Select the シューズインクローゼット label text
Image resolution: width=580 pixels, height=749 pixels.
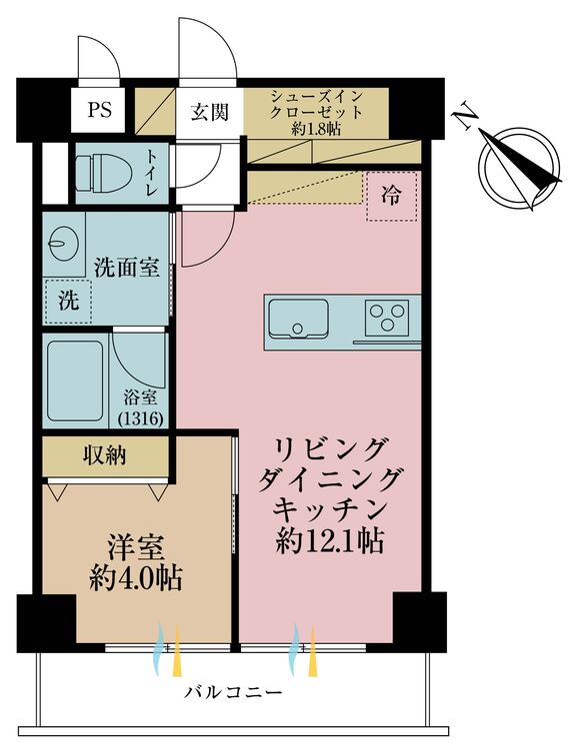[x=317, y=111]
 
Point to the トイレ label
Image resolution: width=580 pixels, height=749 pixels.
[x=151, y=173]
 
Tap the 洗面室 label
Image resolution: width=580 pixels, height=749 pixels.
[x=126, y=267]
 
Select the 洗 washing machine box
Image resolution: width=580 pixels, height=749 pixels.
[x=67, y=301]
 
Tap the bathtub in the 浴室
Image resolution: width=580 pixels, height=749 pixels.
[x=78, y=379]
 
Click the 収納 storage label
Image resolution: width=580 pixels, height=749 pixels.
[x=104, y=456]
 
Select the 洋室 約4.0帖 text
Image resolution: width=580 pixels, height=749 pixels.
[x=135, y=563]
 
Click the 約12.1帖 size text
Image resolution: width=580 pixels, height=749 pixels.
[x=331, y=541]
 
